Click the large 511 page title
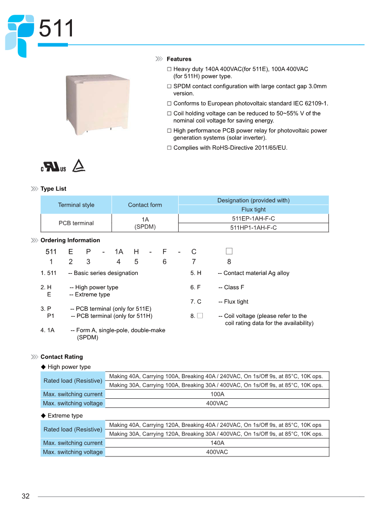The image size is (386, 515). pos(56,29)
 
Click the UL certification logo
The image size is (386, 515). pos(54,168)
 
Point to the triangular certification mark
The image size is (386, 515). pos(79,166)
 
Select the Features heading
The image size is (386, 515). pos(179,59)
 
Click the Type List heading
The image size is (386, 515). pos(53,189)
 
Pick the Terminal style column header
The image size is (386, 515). pos(76,205)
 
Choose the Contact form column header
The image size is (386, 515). pos(145,205)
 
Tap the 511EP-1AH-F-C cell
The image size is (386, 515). pos(253,219)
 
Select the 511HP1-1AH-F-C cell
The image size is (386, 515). pos(253,228)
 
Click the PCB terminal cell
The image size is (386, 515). pos(76,223)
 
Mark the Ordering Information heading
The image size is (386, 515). pos(70,240)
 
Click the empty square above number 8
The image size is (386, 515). pos(229,251)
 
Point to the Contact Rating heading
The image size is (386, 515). pos(62,357)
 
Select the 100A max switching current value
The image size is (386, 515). pos(217,394)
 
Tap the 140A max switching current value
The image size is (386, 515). pos(217,443)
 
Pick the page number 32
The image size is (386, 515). pos(25,496)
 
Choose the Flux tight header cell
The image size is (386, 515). pos(253,209)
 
